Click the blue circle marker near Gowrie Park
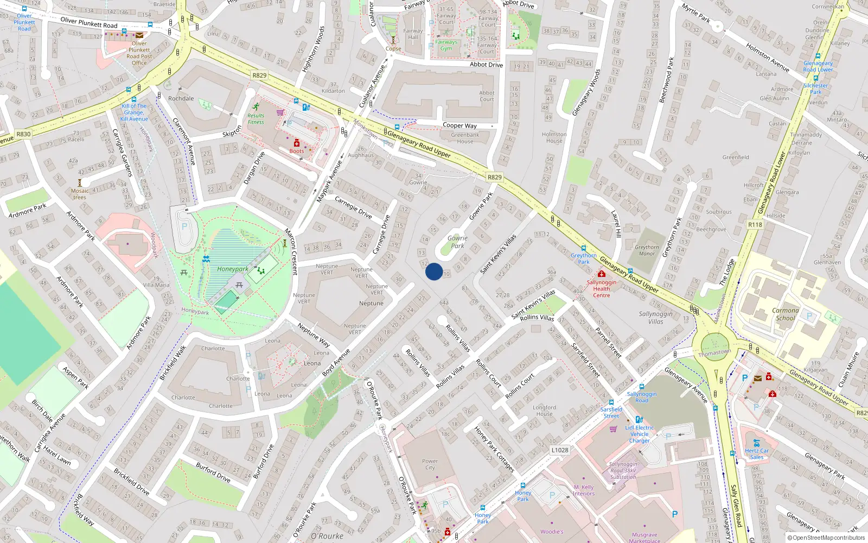pyautogui.click(x=434, y=271)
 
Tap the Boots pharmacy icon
pyautogui.click(x=297, y=143)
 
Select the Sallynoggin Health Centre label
pyautogui.click(x=601, y=289)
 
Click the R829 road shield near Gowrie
pyautogui.click(x=494, y=177)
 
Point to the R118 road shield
pyautogui.click(x=755, y=224)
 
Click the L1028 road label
pyautogui.click(x=560, y=450)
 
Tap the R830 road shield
pyautogui.click(x=23, y=134)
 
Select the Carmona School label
pyautogui.click(x=786, y=314)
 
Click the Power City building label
pyautogui.click(x=430, y=464)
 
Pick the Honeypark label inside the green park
pyautogui.click(x=233, y=269)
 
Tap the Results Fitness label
pyautogui.click(x=256, y=118)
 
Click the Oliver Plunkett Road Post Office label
pyautogui.click(x=139, y=53)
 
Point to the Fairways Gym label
pyautogui.click(x=446, y=45)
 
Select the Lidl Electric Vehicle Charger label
pyautogui.click(x=640, y=434)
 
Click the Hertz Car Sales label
pyautogui.click(x=757, y=454)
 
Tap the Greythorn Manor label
pyautogui.click(x=647, y=250)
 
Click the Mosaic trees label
pyautogui.click(x=80, y=194)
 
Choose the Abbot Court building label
pyautogui.click(x=487, y=96)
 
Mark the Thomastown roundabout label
pyautogui.click(x=714, y=353)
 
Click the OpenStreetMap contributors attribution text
pyautogui.click(x=826, y=538)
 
